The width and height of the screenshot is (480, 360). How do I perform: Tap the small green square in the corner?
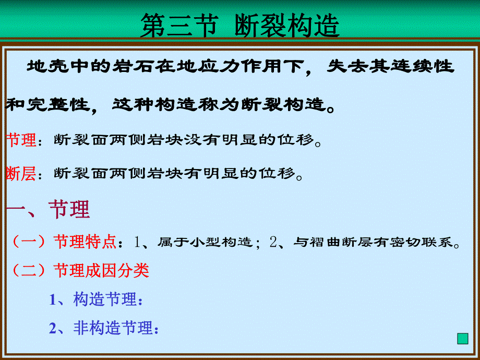click(x=462, y=339)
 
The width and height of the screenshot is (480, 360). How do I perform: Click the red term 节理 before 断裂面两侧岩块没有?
click(x=21, y=140)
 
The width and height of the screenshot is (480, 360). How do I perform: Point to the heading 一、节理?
click(x=48, y=209)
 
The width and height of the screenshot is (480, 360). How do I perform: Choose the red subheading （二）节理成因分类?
click(x=80, y=270)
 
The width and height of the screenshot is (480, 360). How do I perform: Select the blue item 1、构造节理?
click(x=96, y=299)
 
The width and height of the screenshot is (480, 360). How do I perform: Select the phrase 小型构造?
click(x=223, y=242)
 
